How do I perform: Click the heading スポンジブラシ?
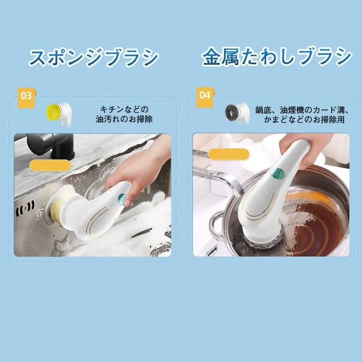tap(94, 57)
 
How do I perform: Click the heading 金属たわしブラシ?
tap(276, 57)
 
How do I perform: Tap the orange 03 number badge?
tap(26, 97)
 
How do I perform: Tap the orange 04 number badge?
tap(205, 97)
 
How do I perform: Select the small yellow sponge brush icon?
tap(59, 114)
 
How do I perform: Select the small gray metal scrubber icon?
tap(237, 113)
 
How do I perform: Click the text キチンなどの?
tap(124, 109)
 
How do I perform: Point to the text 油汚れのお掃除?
tap(124, 119)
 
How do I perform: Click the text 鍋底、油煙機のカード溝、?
tap(302, 110)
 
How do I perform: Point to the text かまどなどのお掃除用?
tap(304, 119)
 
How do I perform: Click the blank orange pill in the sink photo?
tap(50, 165)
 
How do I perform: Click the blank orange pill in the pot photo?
tap(229, 154)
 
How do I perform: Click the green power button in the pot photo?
tap(277, 172)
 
